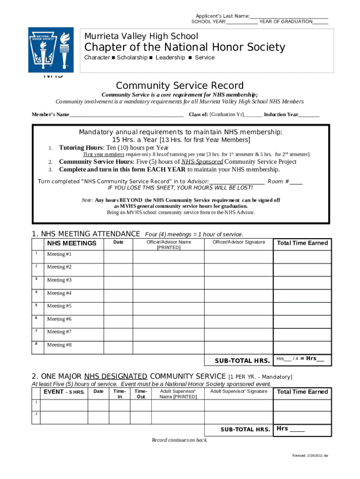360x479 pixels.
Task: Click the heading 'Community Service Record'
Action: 180,86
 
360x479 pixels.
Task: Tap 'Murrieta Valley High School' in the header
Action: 141,36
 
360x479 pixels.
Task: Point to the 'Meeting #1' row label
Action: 59,254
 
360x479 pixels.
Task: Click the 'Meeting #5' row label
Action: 59,306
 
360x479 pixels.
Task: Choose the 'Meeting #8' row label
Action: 59,345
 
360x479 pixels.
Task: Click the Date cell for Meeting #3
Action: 118,280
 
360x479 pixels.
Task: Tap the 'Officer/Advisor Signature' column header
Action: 238,242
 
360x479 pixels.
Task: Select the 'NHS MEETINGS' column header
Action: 72,243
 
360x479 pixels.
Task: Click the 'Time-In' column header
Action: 120,394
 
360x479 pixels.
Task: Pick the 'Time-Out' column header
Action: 141,394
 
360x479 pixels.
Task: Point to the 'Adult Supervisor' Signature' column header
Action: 238,392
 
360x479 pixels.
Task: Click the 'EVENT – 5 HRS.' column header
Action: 64,392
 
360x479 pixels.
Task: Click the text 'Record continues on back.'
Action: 180,440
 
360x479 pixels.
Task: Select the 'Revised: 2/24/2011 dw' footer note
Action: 310,456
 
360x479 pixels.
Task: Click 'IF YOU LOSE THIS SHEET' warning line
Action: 180,188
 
